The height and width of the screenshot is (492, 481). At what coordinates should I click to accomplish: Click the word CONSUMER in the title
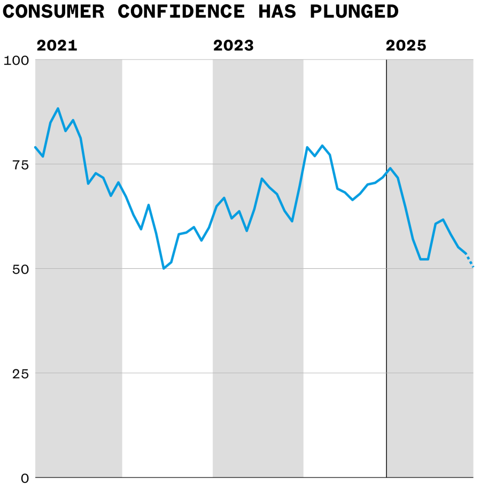(x=53, y=11)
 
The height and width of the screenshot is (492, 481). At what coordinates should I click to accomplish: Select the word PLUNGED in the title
(x=354, y=11)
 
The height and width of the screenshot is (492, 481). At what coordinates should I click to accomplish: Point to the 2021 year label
(x=57, y=46)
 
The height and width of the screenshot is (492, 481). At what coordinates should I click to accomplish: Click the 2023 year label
(x=234, y=46)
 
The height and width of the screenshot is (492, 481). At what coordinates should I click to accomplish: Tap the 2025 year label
(x=406, y=46)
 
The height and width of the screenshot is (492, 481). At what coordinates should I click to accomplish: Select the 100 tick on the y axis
(x=17, y=60)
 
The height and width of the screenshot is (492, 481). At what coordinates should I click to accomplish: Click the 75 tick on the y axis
(x=20, y=164)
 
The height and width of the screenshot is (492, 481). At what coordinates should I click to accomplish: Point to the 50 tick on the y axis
(x=20, y=269)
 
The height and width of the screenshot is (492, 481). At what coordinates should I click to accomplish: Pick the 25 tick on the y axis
(x=20, y=373)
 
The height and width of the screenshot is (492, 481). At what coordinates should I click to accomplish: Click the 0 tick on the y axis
(x=25, y=478)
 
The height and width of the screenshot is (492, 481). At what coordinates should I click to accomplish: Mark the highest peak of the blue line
(x=58, y=109)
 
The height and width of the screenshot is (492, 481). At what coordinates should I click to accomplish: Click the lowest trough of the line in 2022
(x=164, y=268)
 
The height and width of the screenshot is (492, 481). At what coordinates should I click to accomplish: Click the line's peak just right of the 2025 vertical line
(x=390, y=168)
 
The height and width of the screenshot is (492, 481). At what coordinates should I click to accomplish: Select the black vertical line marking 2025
(x=386, y=321)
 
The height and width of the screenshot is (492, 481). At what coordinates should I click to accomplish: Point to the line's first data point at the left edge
(x=36, y=147)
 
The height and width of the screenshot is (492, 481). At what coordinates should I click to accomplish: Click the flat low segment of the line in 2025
(x=424, y=259)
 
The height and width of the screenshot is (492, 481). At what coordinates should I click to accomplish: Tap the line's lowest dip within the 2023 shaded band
(x=246, y=231)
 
